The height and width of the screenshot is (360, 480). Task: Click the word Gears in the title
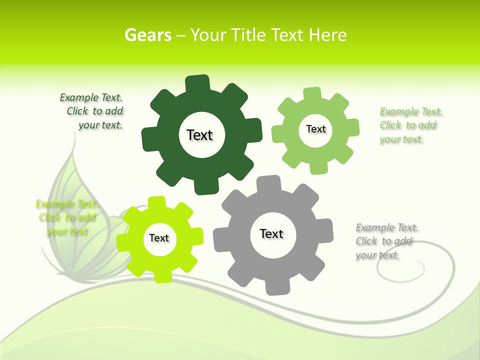click(x=148, y=35)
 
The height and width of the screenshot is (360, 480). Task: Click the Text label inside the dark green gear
click(x=200, y=135)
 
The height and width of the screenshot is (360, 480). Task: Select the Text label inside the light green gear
click(x=315, y=129)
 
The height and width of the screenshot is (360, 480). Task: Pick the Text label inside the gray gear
click(x=271, y=233)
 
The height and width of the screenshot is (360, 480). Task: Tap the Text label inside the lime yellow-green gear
click(x=159, y=238)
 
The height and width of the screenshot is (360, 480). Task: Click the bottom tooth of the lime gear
click(x=162, y=275)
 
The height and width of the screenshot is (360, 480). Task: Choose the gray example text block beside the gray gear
click(x=386, y=241)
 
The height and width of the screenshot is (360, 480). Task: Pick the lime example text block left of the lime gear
click(x=66, y=217)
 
